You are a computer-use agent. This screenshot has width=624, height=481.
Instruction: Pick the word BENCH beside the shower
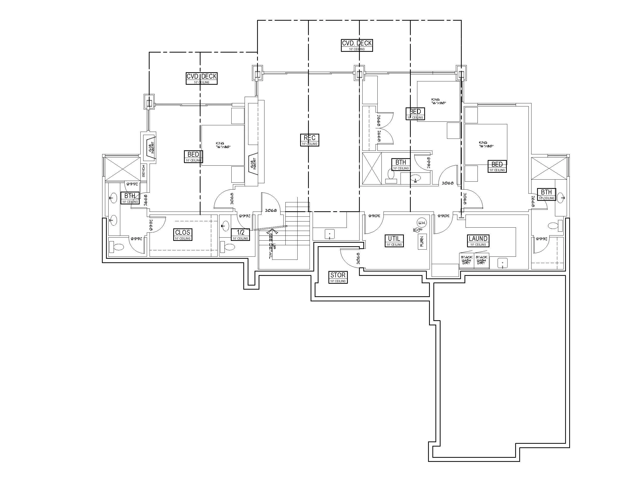(x=143, y=171)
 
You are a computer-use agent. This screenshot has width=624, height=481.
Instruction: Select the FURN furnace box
(x=422, y=241)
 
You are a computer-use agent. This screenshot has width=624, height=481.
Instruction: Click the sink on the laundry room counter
(x=502, y=262)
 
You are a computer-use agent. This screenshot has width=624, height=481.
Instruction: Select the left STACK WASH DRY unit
(x=466, y=260)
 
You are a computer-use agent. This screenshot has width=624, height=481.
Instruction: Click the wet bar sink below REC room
(x=329, y=234)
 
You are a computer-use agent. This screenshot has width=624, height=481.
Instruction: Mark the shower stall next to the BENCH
(x=122, y=169)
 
